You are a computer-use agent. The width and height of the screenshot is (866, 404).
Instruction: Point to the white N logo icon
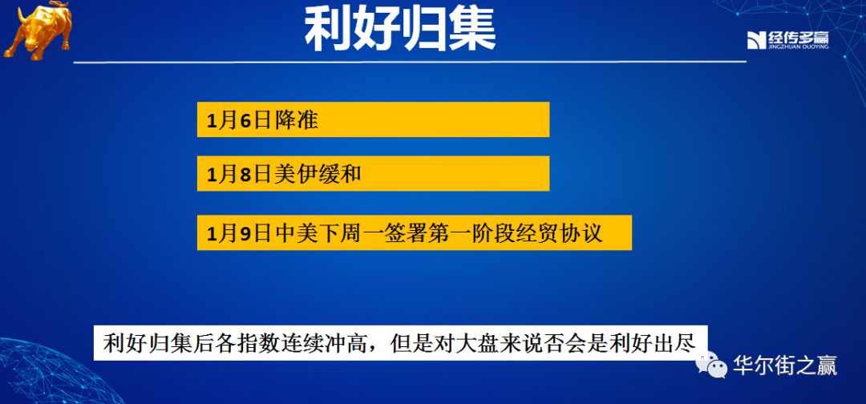click(x=757, y=41)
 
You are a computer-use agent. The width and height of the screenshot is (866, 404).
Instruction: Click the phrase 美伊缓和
click(x=317, y=174)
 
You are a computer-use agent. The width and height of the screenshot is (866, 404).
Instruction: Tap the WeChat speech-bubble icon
click(x=712, y=365)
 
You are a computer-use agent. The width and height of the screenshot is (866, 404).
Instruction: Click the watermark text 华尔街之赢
click(x=785, y=366)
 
